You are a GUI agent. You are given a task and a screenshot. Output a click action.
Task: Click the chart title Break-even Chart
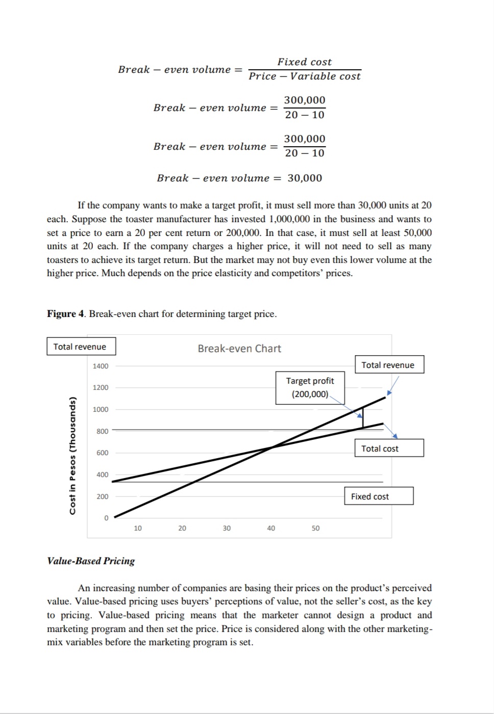(239, 349)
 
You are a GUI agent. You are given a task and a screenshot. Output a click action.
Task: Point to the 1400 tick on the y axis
(101, 366)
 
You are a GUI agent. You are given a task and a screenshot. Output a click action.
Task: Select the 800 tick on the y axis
(102, 431)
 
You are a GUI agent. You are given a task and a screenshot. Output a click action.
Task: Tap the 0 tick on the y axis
(106, 518)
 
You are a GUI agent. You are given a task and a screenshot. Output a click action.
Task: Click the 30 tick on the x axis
(227, 528)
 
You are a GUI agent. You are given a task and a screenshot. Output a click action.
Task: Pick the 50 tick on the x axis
(315, 528)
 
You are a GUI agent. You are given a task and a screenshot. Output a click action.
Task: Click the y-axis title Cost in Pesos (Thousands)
(73, 456)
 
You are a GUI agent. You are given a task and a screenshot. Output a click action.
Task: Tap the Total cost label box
(389, 448)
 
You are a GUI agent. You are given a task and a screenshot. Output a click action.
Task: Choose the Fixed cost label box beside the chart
(379, 496)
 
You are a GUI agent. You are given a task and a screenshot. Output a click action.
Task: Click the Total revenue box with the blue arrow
(389, 365)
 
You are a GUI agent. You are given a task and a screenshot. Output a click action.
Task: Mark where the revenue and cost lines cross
(271, 447)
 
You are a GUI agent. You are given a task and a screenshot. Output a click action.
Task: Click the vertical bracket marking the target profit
(363, 417)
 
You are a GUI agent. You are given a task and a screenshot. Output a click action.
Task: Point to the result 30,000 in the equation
(305, 178)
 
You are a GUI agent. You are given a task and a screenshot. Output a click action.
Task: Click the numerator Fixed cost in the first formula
(304, 62)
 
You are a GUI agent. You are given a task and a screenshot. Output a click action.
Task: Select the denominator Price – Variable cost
(304, 76)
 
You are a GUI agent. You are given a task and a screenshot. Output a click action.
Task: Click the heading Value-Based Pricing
(91, 561)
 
